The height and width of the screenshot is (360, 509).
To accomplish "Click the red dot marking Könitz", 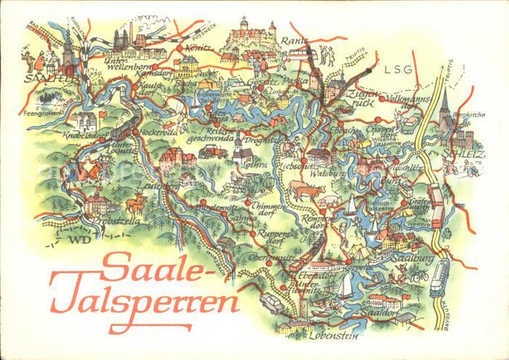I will (x=178, y=49).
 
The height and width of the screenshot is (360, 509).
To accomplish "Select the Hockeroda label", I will (x=153, y=135).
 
